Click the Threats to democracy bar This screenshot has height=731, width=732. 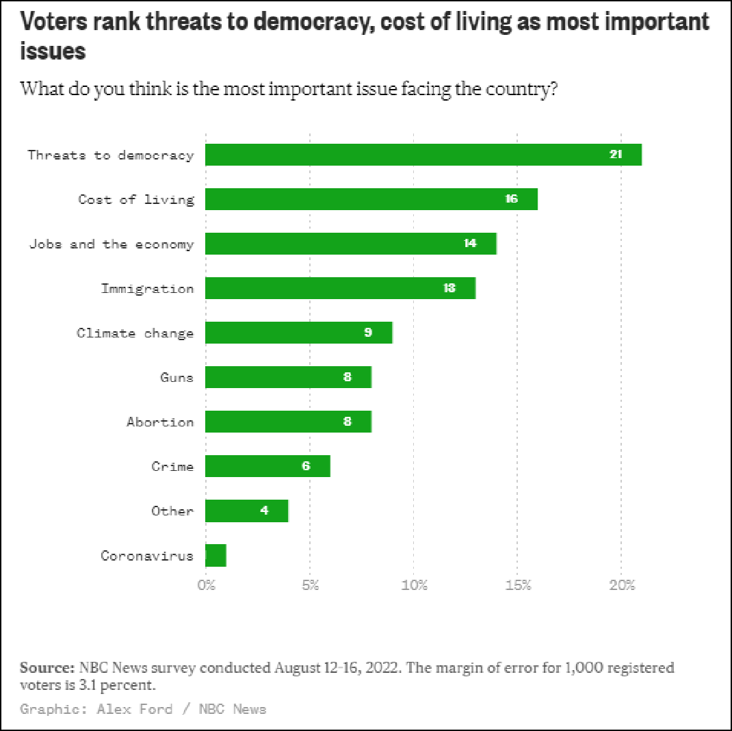point(423,155)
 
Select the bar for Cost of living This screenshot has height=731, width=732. point(371,199)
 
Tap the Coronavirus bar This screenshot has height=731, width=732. point(215,555)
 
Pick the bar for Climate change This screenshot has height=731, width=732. point(298,333)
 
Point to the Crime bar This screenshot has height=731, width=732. point(267,466)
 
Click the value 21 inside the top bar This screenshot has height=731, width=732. point(616,155)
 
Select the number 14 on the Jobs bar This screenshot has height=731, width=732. point(470,244)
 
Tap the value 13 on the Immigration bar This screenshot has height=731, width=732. point(449,288)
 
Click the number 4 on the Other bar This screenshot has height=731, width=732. point(264,511)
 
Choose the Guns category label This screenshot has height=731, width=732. point(177,377)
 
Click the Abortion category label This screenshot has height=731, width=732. point(160,422)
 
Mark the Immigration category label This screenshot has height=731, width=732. point(148,288)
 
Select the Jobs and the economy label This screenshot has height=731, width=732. point(112,244)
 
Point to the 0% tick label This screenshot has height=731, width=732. point(206,585)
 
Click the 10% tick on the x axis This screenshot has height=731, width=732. point(415,585)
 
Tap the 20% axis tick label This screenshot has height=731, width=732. point(623,585)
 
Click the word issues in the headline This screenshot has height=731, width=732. point(53,51)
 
